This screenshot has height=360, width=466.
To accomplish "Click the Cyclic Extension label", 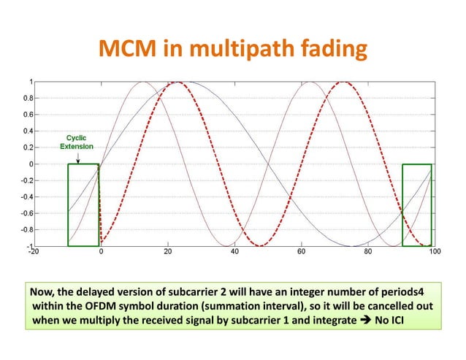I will coord(76,142).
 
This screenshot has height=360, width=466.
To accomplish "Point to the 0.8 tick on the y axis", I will coord(24,98).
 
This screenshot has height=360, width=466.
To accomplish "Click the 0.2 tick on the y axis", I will coord(24,148).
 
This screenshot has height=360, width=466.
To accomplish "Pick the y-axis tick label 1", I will coord(28,81).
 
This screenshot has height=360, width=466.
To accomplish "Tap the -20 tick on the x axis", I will coord(34,254).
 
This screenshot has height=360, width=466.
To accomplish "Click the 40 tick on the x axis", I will coord(234,254).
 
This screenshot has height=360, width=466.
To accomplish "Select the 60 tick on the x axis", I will coord(300,254).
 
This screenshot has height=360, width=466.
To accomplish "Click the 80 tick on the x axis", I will coord(367,254).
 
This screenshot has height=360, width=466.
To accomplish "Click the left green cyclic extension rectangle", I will coord(83,204).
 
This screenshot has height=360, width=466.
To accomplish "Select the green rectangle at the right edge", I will coord(417,204).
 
